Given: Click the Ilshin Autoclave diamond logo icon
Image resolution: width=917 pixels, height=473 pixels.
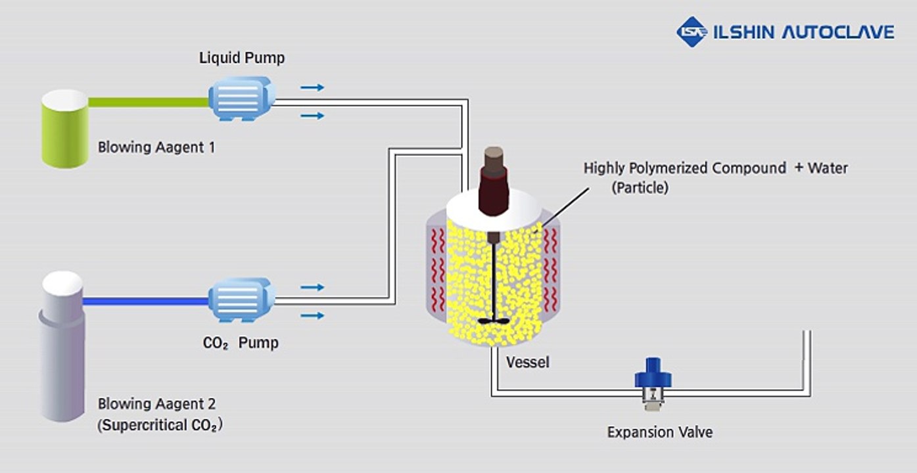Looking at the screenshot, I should pyautogui.click(x=692, y=32).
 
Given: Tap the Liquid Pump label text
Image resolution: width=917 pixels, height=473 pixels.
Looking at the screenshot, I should pyautogui.click(x=242, y=58).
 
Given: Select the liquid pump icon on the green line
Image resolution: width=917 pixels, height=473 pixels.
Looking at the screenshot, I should pyautogui.click(x=241, y=99).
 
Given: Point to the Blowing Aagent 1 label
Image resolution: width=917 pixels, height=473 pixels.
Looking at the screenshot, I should pyautogui.click(x=156, y=147).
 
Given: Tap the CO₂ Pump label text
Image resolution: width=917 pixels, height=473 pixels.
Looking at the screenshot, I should pyautogui.click(x=241, y=343).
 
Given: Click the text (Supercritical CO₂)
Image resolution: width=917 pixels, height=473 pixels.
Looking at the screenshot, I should pyautogui.click(x=160, y=426).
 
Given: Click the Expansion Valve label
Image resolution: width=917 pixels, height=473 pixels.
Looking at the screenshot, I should pyautogui.click(x=659, y=432).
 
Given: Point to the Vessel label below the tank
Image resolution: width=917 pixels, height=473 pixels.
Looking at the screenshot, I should pyautogui.click(x=527, y=362).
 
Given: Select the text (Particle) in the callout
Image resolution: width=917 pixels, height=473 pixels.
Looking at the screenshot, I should pyautogui.click(x=639, y=188).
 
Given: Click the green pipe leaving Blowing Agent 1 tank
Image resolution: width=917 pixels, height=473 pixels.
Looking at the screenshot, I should pyautogui.click(x=148, y=102).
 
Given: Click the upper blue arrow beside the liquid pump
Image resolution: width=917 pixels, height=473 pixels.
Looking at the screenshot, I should pyautogui.click(x=312, y=87).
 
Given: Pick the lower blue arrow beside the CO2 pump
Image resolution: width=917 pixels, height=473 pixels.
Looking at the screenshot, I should pyautogui.click(x=312, y=315).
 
